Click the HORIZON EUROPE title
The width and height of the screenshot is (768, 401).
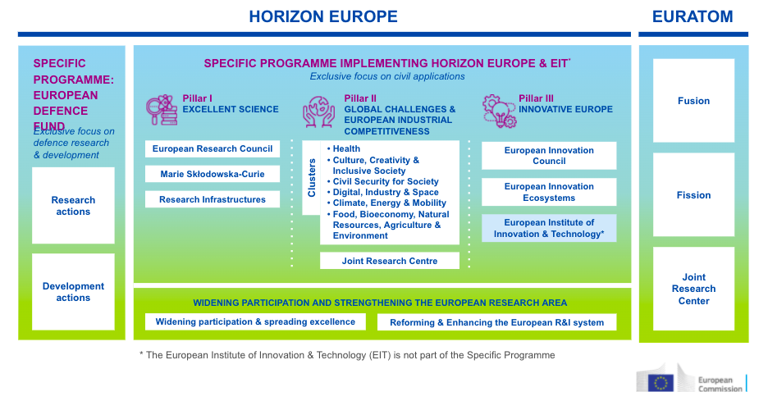(323, 16)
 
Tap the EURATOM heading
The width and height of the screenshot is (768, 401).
(693, 16)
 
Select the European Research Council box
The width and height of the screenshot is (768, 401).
(213, 149)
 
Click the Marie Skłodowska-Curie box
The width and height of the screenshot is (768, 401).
(213, 174)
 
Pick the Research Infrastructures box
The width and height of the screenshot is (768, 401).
(213, 199)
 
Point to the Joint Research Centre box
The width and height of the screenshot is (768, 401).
(390, 261)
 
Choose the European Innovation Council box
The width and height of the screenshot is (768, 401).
(549, 156)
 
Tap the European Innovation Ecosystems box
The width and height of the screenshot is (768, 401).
(549, 192)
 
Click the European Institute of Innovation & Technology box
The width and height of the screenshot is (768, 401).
(549, 228)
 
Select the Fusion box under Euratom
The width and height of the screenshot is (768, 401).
(693, 101)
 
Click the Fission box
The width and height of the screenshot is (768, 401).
(693, 195)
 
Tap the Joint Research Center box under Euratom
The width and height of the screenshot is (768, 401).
(693, 289)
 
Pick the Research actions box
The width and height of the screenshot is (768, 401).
(74, 206)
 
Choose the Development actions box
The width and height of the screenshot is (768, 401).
(74, 292)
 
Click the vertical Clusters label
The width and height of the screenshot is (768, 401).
(312, 178)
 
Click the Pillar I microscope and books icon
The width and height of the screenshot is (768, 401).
(162, 110)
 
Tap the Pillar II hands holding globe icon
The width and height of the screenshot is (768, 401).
(319, 112)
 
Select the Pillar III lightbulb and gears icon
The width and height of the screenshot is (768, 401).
(499, 112)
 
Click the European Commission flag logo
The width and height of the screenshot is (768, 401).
(661, 383)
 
